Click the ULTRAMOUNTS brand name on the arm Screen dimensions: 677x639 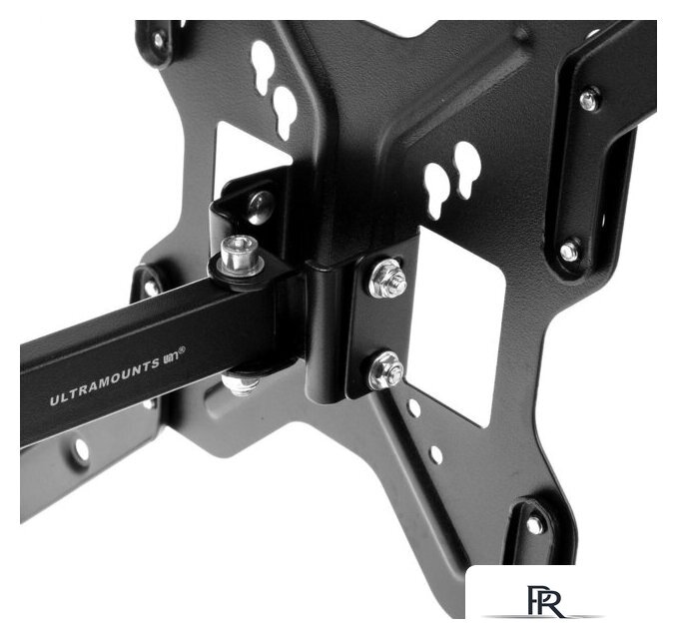(x=104, y=382)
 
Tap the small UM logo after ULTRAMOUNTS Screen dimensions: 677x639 (x=171, y=357)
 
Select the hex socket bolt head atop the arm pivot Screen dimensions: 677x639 (x=239, y=256)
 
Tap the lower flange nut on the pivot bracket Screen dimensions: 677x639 (x=385, y=370)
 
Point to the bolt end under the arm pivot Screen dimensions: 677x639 (x=239, y=385)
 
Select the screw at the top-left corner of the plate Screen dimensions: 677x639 (x=159, y=40)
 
